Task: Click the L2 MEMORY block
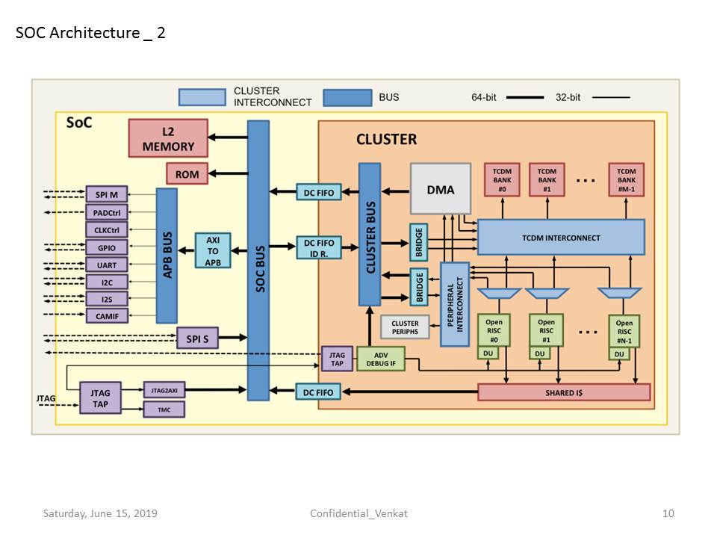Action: coord(168,138)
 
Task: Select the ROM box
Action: coord(187,174)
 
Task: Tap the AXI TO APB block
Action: coord(213,250)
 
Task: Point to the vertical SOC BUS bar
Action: coord(258,262)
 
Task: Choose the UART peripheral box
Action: coord(106,265)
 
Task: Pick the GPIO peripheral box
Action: coord(106,247)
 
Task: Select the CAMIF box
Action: coord(106,317)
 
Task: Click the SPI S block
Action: coord(197,338)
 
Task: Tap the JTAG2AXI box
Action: coord(164,389)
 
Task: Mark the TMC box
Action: coord(164,409)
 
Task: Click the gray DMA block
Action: coord(440,190)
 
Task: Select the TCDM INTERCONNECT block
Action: coord(560,238)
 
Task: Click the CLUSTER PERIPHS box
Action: coord(405,327)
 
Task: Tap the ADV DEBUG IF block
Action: coord(380,359)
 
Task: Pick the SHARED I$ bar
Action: coord(564,392)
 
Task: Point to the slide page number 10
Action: coord(668,513)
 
